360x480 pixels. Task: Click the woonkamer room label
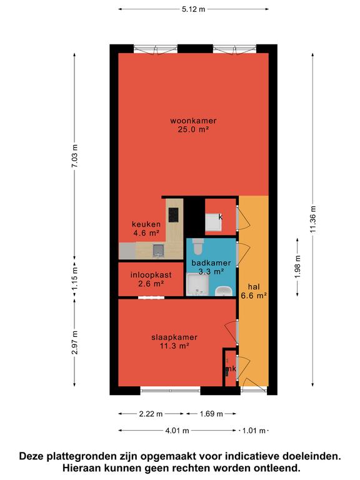(193, 121)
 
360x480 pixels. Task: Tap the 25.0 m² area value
(193, 129)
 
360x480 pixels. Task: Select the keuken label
(146, 224)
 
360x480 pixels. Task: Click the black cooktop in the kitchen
(173, 214)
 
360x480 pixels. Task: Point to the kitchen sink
(158, 250)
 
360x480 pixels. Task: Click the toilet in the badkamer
(198, 246)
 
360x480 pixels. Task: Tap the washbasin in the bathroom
(224, 291)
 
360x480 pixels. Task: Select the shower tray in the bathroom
(197, 285)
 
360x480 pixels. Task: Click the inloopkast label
(151, 275)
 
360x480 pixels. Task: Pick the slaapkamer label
(174, 337)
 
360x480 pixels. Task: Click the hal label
(254, 287)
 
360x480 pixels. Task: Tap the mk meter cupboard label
(231, 369)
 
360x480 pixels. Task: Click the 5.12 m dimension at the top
(194, 9)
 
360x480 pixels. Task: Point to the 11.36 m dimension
(312, 219)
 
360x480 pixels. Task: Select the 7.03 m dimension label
(74, 156)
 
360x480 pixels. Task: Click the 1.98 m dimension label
(297, 267)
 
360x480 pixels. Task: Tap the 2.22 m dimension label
(151, 414)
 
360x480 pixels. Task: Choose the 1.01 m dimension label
(254, 431)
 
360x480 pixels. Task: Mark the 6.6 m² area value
(254, 296)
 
